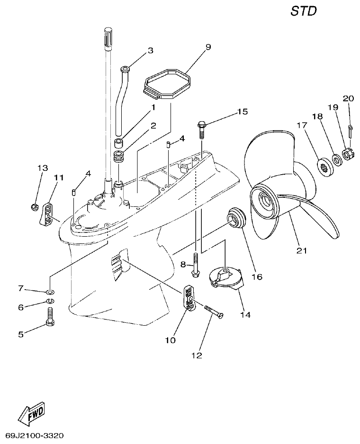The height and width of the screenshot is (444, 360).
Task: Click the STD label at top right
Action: point(303,11)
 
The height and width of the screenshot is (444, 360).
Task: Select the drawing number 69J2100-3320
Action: point(35,435)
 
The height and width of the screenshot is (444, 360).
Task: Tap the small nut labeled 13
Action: point(34,206)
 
